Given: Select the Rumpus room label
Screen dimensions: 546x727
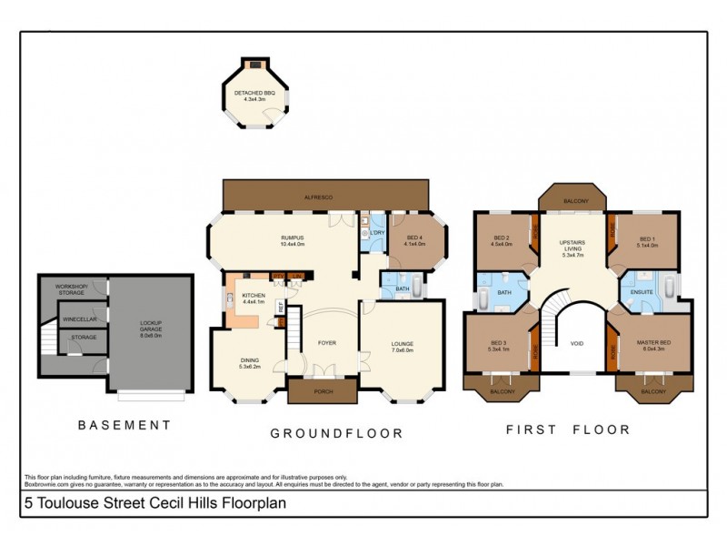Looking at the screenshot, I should tap(292, 240).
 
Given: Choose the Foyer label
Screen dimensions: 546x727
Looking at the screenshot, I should tap(326, 343).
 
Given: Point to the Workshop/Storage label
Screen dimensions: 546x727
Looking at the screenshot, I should tap(72, 289).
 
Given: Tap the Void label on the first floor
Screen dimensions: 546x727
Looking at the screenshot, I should tap(576, 343).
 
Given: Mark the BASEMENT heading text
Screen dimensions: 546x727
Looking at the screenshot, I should tap(124, 425).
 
